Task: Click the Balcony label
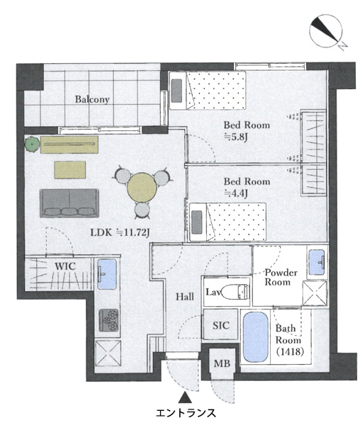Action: [92, 99]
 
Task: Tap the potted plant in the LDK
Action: [33, 144]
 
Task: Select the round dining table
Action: [142, 188]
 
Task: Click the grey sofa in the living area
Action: [69, 203]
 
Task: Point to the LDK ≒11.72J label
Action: [120, 232]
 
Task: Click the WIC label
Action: [65, 266]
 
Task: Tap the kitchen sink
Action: [107, 274]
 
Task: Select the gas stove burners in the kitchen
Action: [108, 321]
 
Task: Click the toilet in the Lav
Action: [235, 292]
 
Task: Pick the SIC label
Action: [220, 325]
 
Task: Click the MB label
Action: [222, 363]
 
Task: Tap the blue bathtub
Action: [256, 337]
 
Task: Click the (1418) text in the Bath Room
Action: [290, 352]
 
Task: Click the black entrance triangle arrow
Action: [185, 397]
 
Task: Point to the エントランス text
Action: [186, 413]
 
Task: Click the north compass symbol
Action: [326, 32]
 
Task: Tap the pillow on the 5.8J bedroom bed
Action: [176, 91]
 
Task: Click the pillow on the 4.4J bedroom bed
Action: [197, 222]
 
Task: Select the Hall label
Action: [185, 297]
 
